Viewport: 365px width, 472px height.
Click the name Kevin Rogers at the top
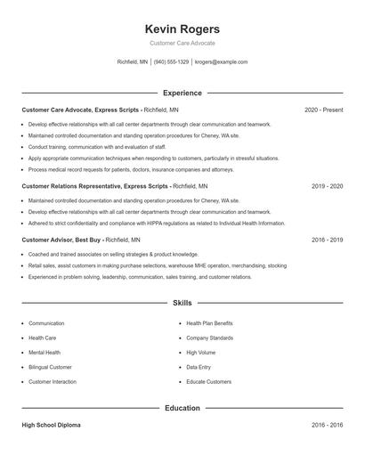coord(182,30)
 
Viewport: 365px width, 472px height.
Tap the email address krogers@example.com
coord(221,62)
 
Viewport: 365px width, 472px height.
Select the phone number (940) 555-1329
coord(171,62)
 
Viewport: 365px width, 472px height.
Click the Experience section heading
coord(182,93)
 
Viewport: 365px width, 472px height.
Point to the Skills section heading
coord(182,304)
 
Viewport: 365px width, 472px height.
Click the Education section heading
coord(182,408)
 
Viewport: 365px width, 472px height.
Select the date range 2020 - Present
coord(323,110)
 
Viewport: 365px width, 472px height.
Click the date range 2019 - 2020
coord(327,186)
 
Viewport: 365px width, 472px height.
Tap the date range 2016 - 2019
coord(327,240)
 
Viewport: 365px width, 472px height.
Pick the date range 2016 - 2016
coord(327,426)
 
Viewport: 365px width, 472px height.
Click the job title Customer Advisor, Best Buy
coord(61,240)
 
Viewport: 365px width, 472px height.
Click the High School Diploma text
coord(51,426)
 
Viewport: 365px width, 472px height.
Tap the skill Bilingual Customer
coord(50,367)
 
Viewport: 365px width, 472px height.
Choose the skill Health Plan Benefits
coord(209,323)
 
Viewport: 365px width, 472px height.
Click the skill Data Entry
coord(199,367)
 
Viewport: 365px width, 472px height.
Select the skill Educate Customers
coord(208,382)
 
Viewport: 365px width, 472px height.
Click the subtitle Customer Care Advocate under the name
coord(182,43)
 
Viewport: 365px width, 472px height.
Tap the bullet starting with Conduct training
coord(80,146)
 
